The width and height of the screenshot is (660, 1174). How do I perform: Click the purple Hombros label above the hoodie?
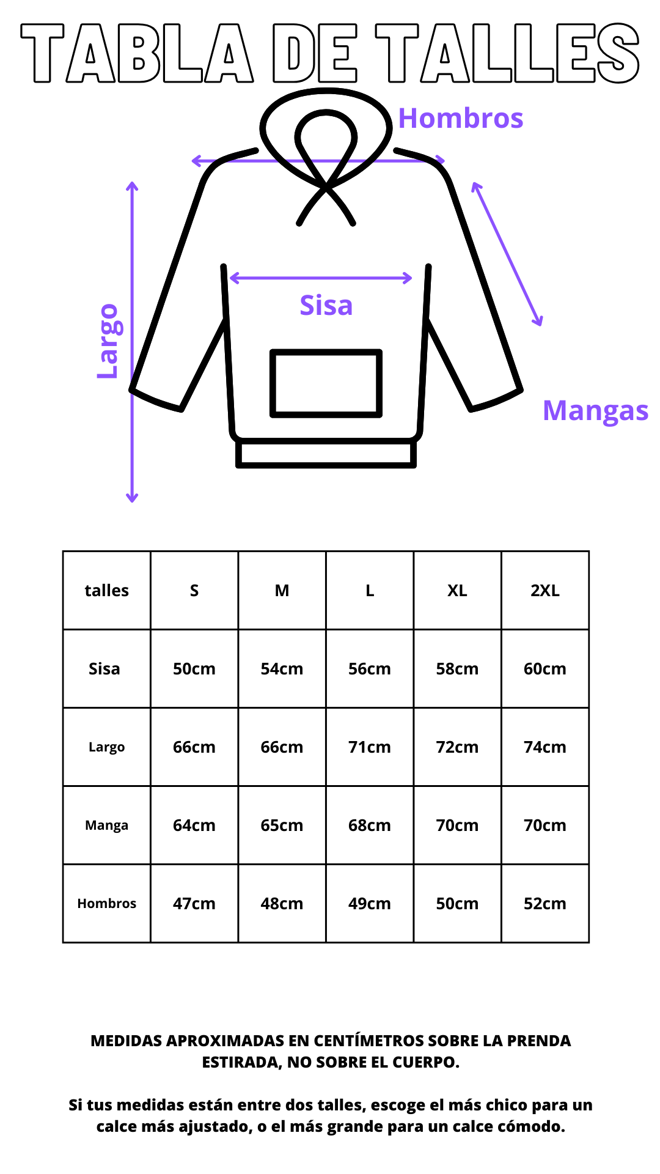click(461, 118)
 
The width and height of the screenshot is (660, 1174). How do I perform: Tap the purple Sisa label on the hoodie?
click(326, 305)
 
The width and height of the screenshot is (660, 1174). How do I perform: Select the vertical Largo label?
click(108, 341)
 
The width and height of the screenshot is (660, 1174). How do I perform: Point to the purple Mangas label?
click(595, 411)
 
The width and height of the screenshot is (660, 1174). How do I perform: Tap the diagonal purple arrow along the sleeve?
click(507, 254)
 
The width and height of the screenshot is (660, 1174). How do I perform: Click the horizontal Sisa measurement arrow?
click(321, 278)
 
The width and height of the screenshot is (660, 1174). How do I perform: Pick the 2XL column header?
click(545, 591)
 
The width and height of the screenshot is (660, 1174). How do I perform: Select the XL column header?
click(457, 591)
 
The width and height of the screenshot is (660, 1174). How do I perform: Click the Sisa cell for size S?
click(194, 669)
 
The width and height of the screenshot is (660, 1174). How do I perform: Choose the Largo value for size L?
click(370, 747)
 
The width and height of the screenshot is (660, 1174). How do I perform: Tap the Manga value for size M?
click(282, 825)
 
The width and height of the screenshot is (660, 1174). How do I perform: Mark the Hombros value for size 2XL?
click(545, 904)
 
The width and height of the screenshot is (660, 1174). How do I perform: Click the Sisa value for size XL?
click(457, 669)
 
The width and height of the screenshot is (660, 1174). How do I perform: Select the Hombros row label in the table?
click(107, 904)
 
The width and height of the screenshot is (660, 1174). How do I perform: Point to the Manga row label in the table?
click(107, 825)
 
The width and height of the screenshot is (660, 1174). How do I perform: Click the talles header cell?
click(107, 591)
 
